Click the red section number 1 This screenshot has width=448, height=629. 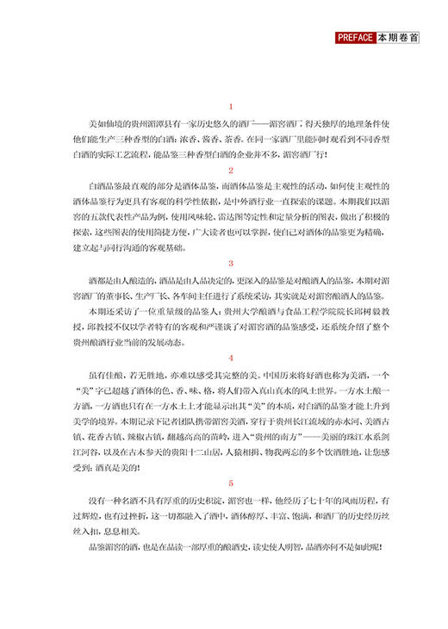pyautogui.click(x=230, y=107)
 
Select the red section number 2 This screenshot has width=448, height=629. pyautogui.click(x=230, y=171)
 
